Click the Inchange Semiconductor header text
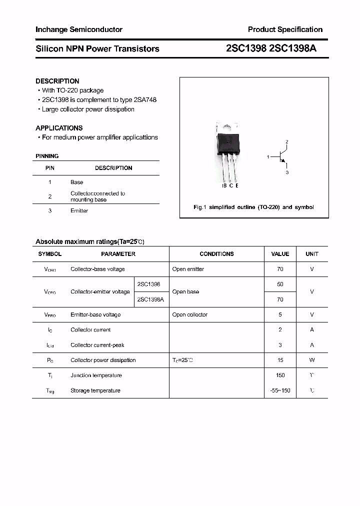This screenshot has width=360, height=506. click(x=78, y=29)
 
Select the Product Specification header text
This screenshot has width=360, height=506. click(x=285, y=29)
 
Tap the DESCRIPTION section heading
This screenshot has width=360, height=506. click(x=57, y=81)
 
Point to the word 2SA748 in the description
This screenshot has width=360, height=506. click(x=145, y=100)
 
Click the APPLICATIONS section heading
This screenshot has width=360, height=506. click(x=59, y=128)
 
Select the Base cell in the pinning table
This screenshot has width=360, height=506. click(x=76, y=182)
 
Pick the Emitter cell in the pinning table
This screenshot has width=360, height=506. click(x=79, y=211)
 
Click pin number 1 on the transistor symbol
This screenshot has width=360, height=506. click(x=268, y=157)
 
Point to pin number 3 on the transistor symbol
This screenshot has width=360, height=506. click(x=287, y=172)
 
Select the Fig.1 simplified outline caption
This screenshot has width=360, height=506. click(x=253, y=207)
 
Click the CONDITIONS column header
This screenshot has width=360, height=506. click(x=216, y=254)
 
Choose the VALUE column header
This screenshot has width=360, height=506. click(x=280, y=254)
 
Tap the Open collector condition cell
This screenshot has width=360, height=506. click(x=189, y=315)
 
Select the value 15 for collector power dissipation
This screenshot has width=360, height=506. click(x=280, y=360)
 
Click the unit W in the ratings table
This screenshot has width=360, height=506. click(x=311, y=360)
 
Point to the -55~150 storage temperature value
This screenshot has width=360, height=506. click(x=280, y=390)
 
